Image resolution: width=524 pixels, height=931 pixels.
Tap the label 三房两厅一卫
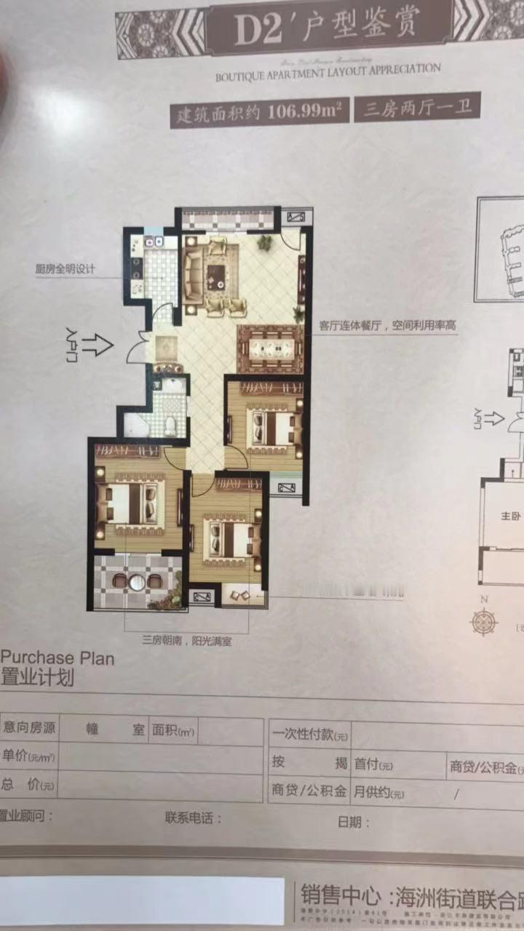click(x=417, y=109)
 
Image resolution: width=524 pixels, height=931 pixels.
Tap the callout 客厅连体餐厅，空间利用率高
click(x=387, y=327)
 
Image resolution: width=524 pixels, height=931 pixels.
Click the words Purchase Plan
click(x=58, y=660)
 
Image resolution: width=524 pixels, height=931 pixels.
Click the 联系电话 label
click(x=193, y=818)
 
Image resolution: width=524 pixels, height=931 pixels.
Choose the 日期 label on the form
click(x=354, y=823)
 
